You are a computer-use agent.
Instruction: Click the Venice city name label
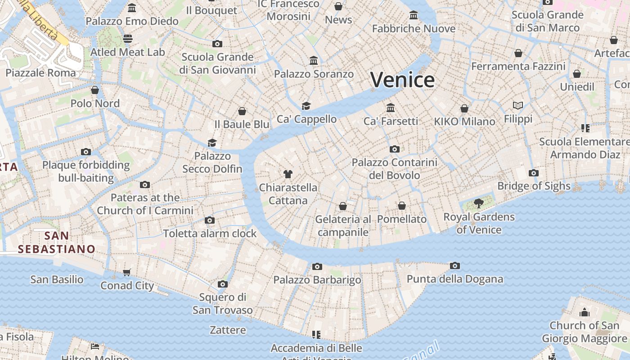[x=402, y=80]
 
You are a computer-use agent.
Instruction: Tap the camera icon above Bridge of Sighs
[x=534, y=173]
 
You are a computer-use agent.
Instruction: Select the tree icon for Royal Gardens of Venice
[x=479, y=203]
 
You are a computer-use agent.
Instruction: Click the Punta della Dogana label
[x=454, y=279]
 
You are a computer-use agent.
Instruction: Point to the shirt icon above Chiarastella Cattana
[x=288, y=174]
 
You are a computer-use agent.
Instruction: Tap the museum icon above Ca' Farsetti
[x=391, y=108]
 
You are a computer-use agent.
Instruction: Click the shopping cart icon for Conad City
[x=127, y=272]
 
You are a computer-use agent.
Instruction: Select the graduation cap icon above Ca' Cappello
[x=306, y=106]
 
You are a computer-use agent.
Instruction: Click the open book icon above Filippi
[x=518, y=106]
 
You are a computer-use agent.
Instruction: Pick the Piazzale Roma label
[x=41, y=72]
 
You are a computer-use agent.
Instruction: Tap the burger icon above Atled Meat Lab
[x=128, y=39]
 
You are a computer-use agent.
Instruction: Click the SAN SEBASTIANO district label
[x=57, y=242]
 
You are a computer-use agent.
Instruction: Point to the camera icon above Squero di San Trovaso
[x=222, y=284]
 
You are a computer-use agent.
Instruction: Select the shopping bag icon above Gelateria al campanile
[x=343, y=206]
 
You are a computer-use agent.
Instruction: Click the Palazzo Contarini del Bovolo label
[x=394, y=169]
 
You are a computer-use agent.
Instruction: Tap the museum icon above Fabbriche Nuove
[x=414, y=16]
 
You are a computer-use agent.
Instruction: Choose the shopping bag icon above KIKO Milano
[x=464, y=108]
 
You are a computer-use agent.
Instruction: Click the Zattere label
[x=228, y=330]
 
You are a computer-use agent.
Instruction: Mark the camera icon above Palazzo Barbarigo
[x=317, y=267]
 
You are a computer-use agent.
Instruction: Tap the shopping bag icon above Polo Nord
[x=95, y=90]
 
